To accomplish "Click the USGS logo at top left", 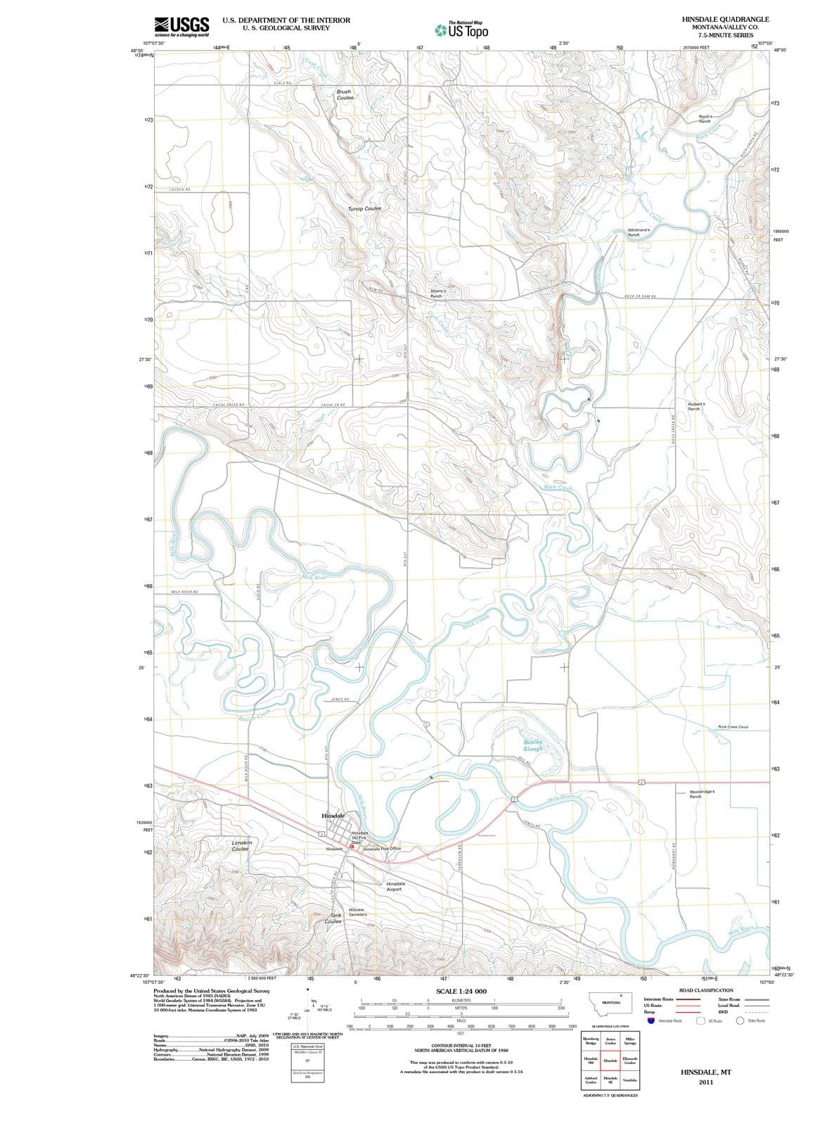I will click(181, 26).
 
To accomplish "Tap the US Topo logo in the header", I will click(461, 30).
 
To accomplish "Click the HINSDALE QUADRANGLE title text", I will click(725, 19).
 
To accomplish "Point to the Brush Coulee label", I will click(345, 94).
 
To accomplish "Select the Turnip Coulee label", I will click(364, 209).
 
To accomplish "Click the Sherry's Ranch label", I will click(438, 293).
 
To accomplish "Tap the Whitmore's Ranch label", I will click(642, 232).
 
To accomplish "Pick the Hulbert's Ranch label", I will click(696, 406).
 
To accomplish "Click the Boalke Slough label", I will click(533, 745).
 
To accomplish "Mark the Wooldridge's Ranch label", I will click(702, 794).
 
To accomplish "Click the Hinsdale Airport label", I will click(395, 886).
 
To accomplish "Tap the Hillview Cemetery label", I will click(357, 912).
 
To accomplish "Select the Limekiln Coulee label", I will click(241, 845).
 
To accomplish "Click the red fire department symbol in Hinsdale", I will click(352, 846).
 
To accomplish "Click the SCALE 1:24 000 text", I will click(461, 991).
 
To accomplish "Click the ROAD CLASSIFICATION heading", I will click(705, 990).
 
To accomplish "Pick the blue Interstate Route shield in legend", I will click(651, 1020).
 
